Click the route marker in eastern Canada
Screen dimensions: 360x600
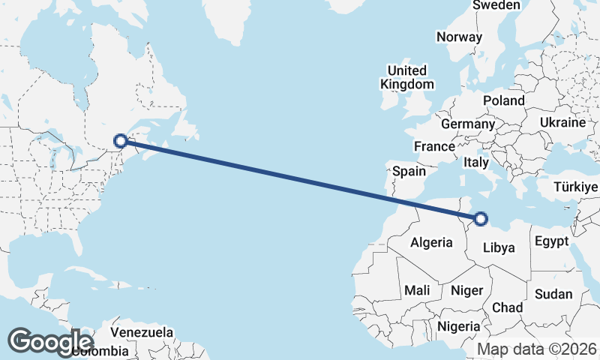(120, 139)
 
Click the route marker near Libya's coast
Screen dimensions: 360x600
(481, 219)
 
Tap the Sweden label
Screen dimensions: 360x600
(496, 5)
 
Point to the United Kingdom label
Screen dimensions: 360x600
(407, 76)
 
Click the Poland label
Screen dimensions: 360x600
(504, 100)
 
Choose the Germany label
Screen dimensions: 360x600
(468, 124)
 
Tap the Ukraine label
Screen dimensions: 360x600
(562, 122)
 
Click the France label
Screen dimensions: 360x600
(435, 146)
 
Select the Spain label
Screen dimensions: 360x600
(409, 171)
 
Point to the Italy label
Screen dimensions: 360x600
(477, 162)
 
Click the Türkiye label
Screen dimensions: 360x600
(576, 187)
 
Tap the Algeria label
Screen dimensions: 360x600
(431, 242)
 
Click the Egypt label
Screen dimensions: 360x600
(551, 241)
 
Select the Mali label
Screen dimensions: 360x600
(417, 289)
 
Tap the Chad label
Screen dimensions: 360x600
(507, 307)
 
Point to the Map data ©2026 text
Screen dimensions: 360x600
(537, 349)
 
